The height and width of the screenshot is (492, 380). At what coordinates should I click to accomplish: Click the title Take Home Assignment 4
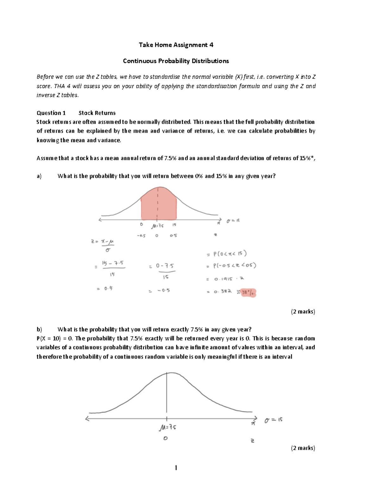[176, 45]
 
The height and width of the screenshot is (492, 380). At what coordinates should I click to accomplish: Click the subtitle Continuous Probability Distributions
[176, 61]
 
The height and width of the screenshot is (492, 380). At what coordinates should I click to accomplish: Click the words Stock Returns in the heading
[97, 113]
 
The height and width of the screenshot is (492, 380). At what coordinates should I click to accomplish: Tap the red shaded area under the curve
[158, 206]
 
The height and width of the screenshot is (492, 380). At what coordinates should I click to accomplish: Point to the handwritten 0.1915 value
[223, 279]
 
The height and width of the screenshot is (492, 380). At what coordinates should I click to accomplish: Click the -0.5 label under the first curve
[141, 236]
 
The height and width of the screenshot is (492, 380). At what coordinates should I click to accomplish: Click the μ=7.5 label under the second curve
[168, 428]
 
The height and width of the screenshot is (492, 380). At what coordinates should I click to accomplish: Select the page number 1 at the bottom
[176, 468]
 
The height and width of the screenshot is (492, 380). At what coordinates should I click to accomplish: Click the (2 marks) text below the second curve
[303, 448]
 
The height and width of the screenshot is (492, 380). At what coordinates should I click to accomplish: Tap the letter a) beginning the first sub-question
[39, 176]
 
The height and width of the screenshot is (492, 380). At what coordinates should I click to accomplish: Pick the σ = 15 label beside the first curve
[233, 221]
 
